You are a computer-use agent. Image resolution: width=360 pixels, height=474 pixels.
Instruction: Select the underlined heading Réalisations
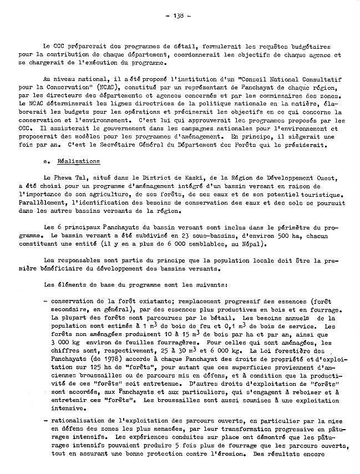tap(80, 161)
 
